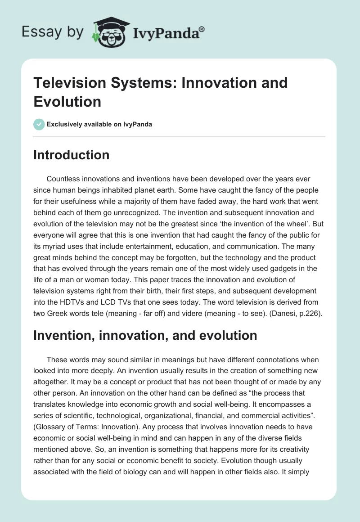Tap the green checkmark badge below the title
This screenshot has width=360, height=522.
[x=39, y=124]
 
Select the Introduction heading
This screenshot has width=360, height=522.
[x=72, y=155]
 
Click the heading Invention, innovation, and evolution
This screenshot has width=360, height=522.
[x=145, y=335]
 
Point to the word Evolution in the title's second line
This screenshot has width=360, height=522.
[x=67, y=102]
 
